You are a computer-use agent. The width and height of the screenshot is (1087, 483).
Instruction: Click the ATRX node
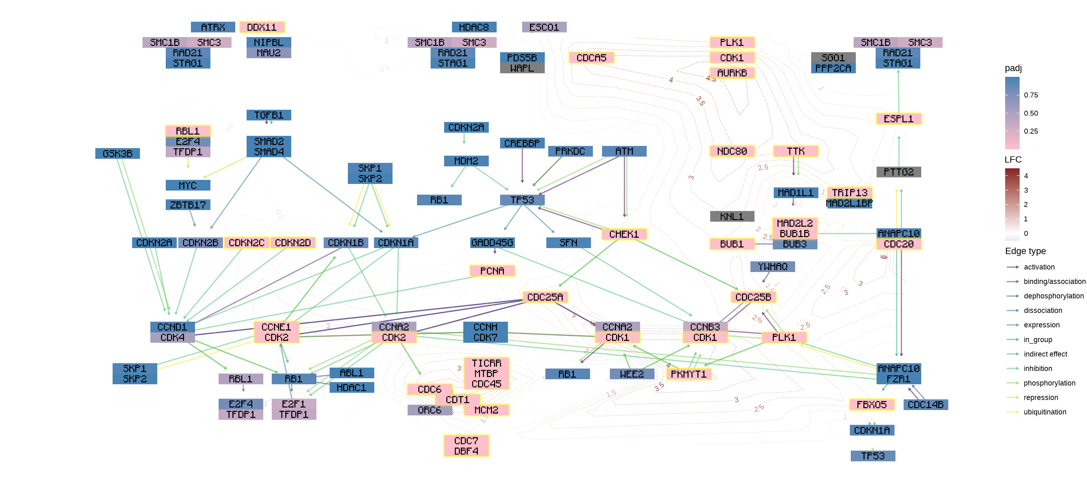213,27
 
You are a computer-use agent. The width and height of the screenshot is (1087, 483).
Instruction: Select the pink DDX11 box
262,27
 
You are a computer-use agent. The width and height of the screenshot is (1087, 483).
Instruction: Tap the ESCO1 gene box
544,27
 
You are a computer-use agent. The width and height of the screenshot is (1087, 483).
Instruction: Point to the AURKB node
732,73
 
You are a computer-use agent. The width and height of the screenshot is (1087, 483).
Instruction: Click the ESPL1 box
898,119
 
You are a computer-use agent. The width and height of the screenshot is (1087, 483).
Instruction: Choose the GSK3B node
117,153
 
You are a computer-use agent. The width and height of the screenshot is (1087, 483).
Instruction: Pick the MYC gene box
188,185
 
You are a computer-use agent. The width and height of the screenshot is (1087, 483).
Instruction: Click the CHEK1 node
624,234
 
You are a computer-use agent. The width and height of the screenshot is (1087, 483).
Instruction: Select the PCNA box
492,271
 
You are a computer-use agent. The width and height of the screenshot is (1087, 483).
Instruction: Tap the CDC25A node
545,297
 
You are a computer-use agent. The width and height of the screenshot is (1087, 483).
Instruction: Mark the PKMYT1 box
688,374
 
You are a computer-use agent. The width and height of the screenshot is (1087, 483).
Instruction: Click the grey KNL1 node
732,216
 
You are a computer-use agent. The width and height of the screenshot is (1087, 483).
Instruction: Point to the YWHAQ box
772,267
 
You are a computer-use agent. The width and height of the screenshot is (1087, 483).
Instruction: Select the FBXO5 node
871,404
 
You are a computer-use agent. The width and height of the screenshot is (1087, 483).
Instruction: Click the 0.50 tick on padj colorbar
1030,113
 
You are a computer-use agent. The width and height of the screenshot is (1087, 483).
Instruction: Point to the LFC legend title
1013,159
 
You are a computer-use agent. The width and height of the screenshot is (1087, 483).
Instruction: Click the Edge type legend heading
1025,251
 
